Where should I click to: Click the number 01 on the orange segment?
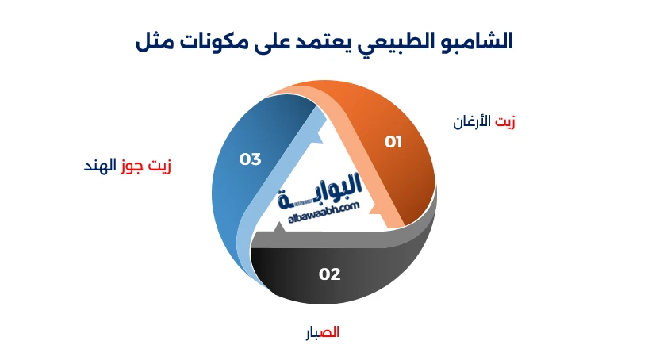(x=393, y=142)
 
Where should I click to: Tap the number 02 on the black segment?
(x=329, y=274)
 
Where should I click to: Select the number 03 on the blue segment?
(x=250, y=159)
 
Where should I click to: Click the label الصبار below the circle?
(x=323, y=332)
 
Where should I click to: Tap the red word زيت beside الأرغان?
(x=505, y=121)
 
